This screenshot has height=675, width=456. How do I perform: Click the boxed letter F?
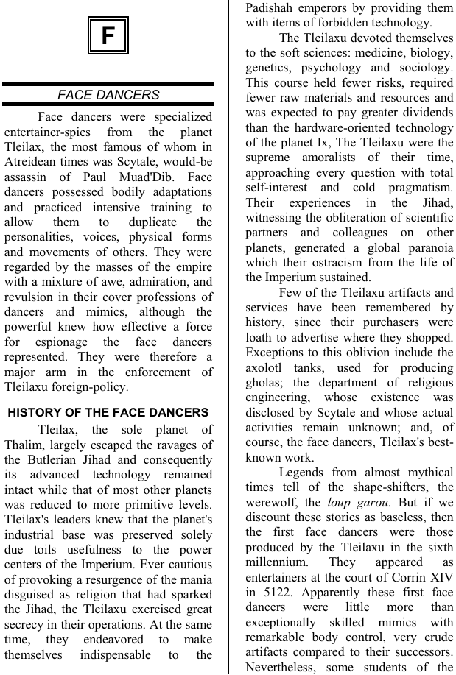pyautogui.click(x=108, y=36)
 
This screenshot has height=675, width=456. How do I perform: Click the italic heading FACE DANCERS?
pyautogui.click(x=108, y=95)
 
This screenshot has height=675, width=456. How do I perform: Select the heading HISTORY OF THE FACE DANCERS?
pyautogui.click(x=108, y=412)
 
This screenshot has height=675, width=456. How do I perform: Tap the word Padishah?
pyautogui.click(x=272, y=8)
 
